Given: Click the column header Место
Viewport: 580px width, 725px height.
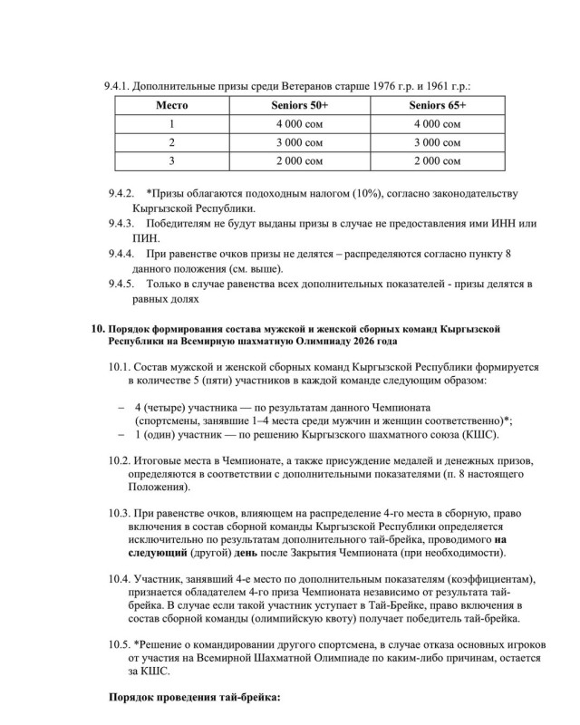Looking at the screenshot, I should [171, 106].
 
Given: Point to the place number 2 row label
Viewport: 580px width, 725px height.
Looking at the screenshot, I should [171, 142].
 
